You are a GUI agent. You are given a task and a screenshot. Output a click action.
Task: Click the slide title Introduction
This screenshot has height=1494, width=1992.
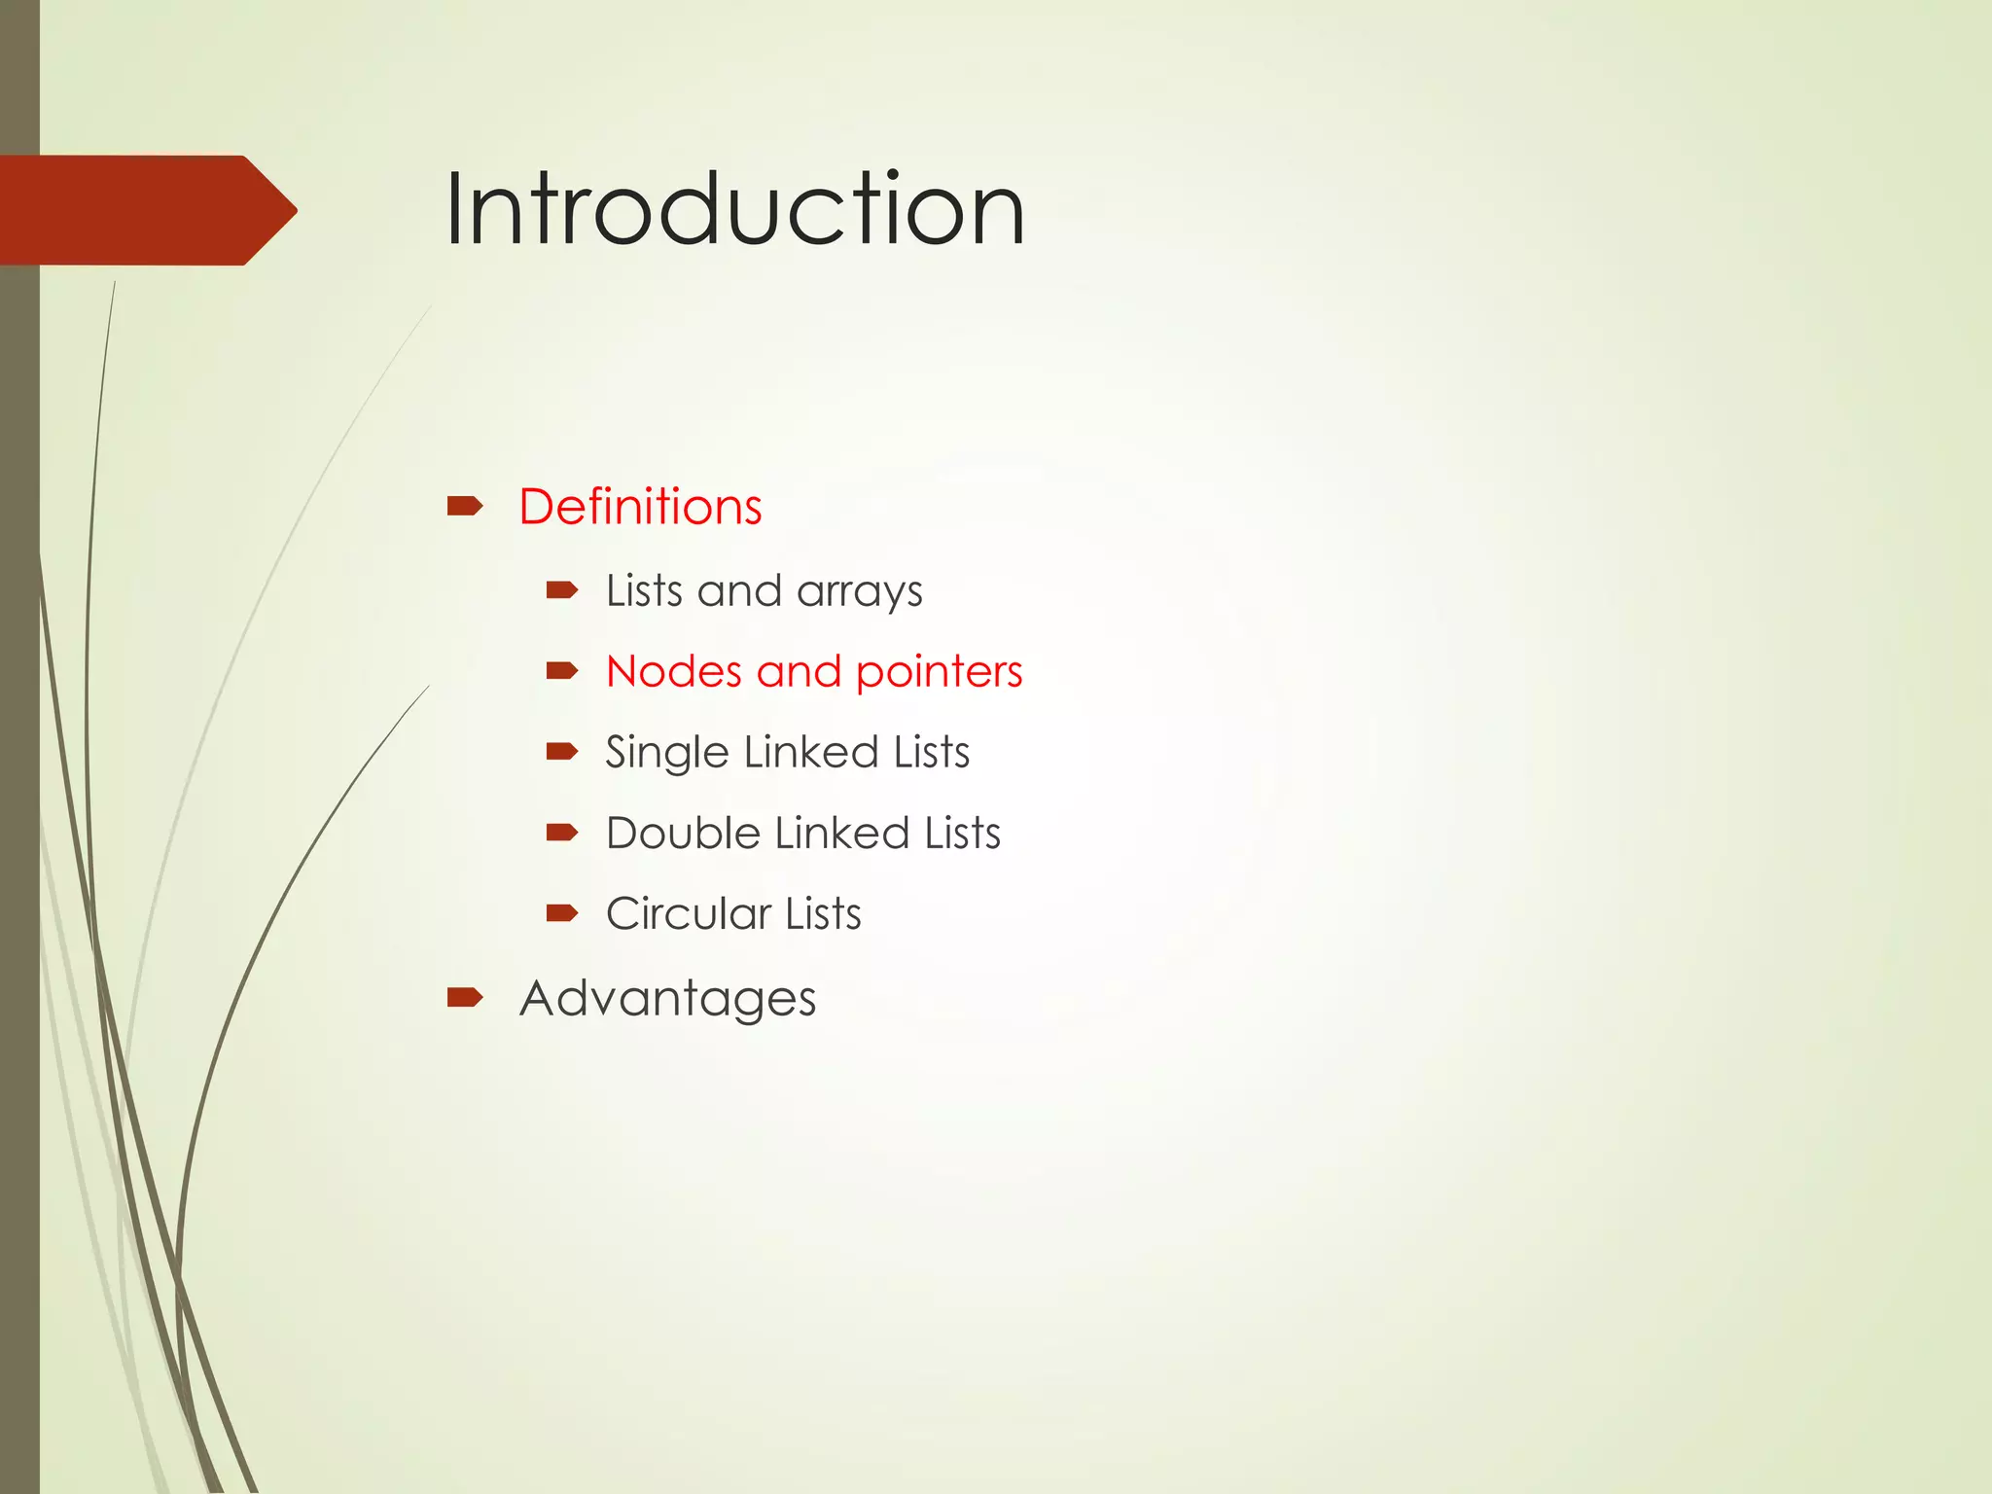[x=734, y=209]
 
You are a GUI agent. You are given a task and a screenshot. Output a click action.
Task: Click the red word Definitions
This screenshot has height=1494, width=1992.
[x=640, y=507]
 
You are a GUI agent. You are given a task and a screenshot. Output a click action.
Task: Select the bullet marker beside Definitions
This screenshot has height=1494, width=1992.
[x=465, y=506]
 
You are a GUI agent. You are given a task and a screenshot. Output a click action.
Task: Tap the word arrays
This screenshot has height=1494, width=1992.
[x=859, y=592]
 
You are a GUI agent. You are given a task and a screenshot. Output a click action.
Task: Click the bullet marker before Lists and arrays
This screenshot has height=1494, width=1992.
[x=562, y=589]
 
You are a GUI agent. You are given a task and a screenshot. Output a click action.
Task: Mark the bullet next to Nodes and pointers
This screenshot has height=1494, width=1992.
[x=562, y=670]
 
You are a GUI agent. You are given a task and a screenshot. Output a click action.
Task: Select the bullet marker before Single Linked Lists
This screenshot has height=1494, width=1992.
[x=562, y=751]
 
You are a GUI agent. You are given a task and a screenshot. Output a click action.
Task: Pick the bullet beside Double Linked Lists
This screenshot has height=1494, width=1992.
[x=562, y=832]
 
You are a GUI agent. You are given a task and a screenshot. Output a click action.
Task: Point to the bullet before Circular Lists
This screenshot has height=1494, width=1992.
[x=562, y=912]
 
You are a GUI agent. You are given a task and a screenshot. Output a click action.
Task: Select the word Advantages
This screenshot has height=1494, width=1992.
[x=667, y=999]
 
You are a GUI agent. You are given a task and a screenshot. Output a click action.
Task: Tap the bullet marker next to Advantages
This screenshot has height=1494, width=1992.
[x=465, y=997]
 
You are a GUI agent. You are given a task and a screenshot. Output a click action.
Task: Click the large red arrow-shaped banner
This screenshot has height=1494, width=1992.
[x=146, y=210]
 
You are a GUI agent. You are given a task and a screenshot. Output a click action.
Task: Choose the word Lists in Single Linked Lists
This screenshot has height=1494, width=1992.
[x=931, y=753]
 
